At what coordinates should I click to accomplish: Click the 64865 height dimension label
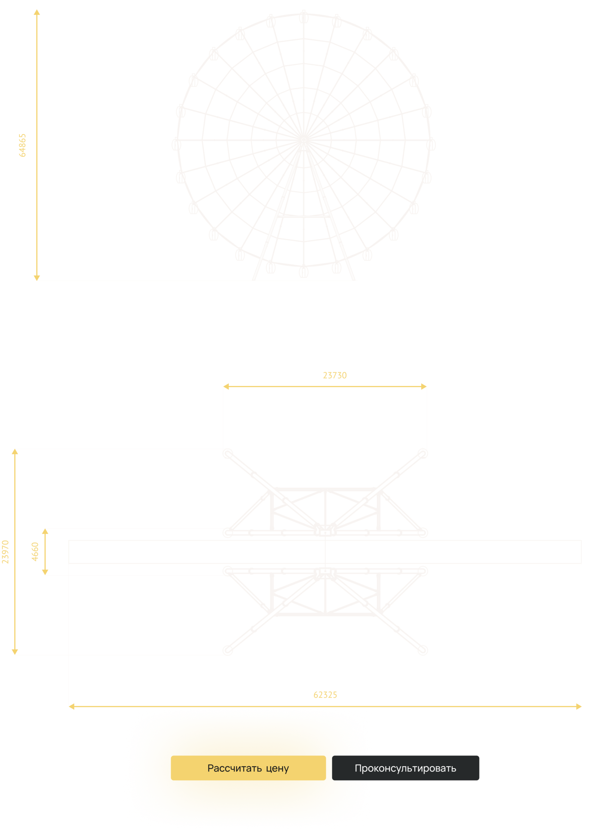[22, 145]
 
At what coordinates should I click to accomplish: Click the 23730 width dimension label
[334, 376]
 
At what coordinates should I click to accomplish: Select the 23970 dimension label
[5, 552]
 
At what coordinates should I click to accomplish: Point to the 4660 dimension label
[35, 552]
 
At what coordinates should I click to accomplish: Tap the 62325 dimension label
[325, 695]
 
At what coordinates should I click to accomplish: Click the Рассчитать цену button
[248, 768]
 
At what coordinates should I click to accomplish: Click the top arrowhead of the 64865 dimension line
[37, 12]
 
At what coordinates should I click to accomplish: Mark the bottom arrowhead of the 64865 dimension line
[37, 278]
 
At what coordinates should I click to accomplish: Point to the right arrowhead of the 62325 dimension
[579, 706]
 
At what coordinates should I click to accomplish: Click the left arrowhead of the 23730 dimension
[226, 386]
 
